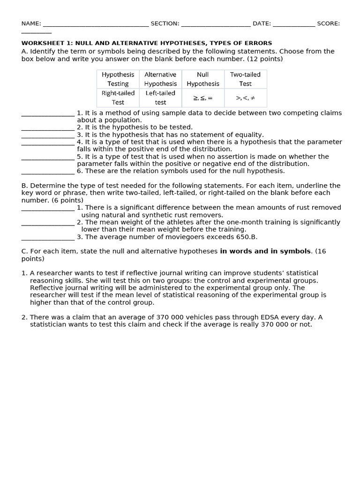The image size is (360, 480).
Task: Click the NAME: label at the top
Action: [x=31, y=23]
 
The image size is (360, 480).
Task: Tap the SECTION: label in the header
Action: [x=165, y=23]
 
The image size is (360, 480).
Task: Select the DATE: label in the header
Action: [x=262, y=23]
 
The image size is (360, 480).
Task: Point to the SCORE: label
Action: [x=328, y=23]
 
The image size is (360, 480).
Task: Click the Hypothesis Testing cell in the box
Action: [x=118, y=79]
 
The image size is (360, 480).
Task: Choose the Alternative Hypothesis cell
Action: [x=160, y=79]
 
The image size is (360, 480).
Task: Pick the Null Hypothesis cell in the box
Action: [x=202, y=79]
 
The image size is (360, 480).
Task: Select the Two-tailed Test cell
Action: [x=245, y=79]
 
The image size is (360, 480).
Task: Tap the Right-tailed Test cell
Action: [x=118, y=97]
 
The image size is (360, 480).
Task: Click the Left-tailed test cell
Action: [x=160, y=97]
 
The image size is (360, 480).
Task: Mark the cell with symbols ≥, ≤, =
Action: [x=202, y=98]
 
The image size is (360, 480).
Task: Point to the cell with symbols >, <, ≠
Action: [x=245, y=98]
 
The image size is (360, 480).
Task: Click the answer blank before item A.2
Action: [x=48, y=128]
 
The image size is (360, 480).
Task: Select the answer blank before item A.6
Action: [x=48, y=172]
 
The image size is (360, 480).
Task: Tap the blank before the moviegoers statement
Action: [x=48, y=237]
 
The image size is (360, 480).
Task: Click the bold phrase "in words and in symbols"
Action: [x=265, y=251]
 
